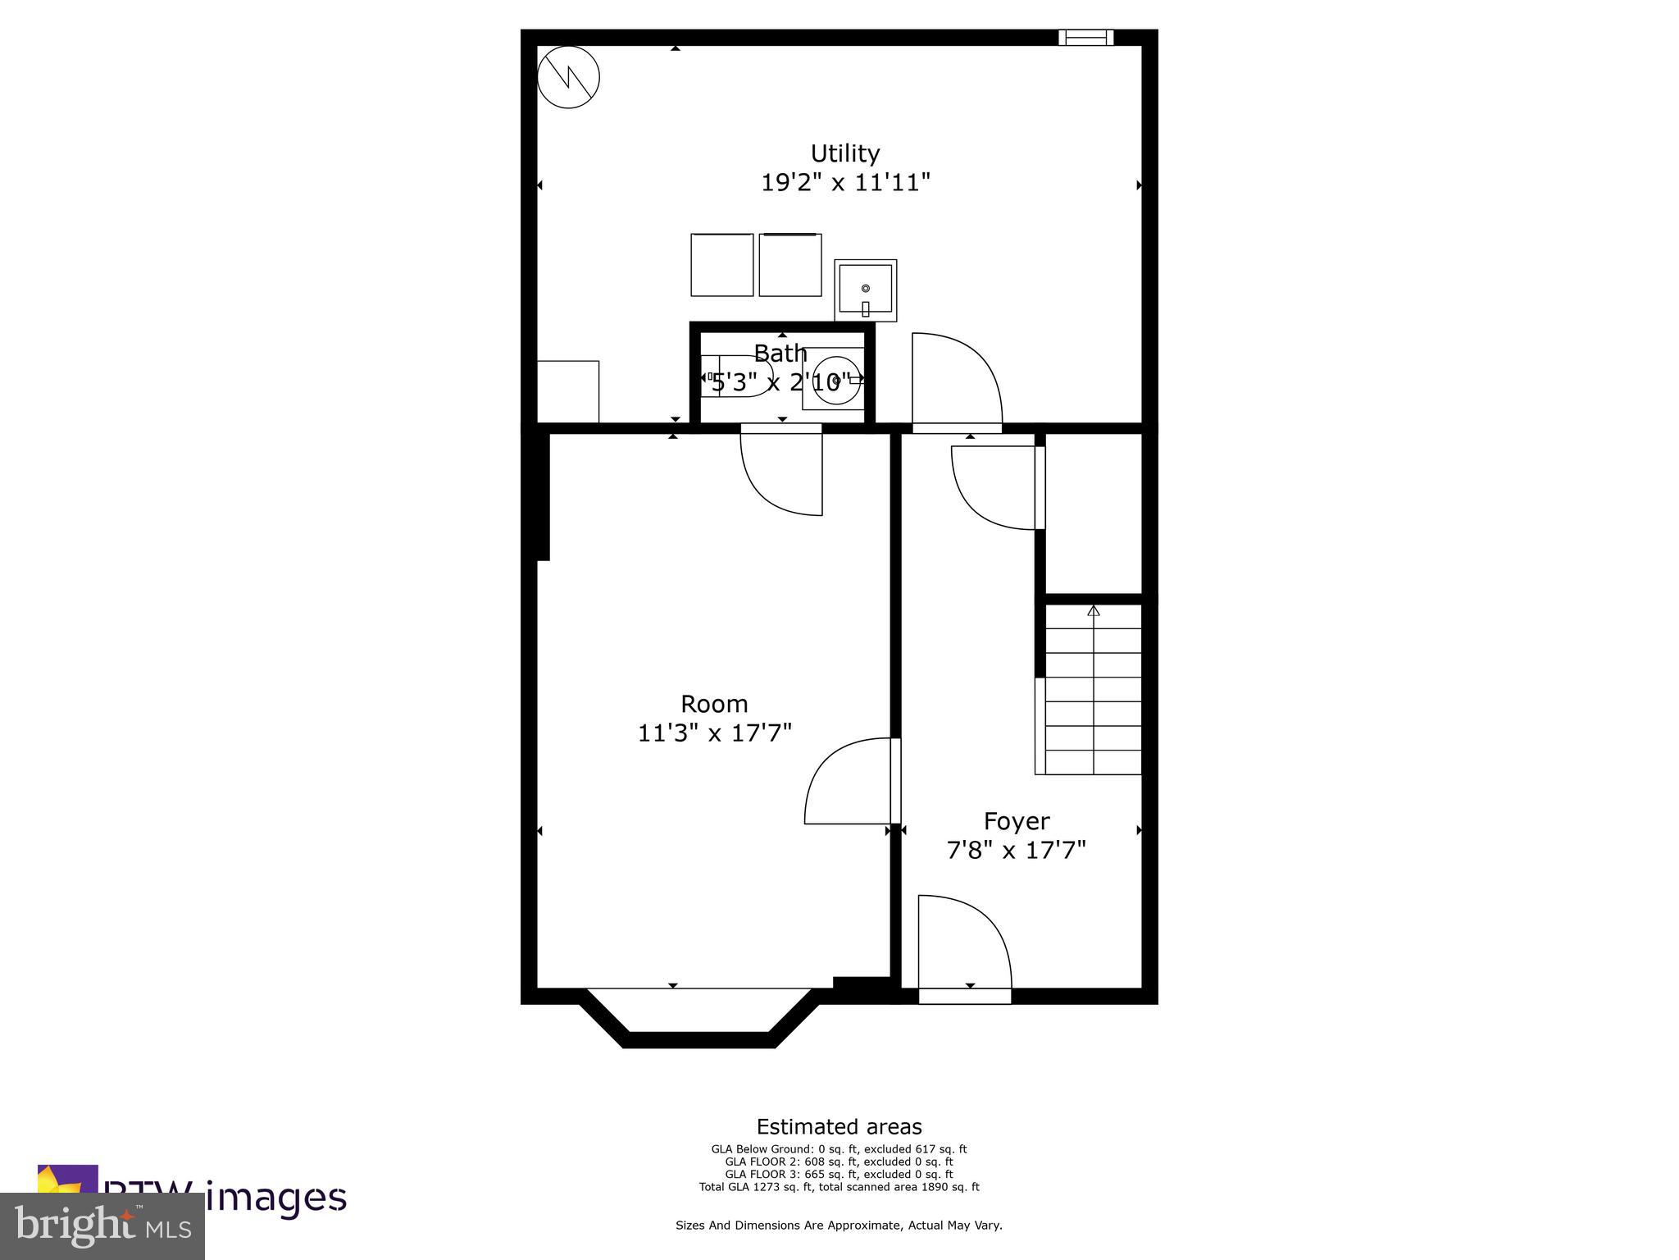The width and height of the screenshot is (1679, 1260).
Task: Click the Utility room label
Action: (x=844, y=153)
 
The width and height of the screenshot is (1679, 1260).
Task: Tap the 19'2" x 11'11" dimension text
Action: (x=844, y=182)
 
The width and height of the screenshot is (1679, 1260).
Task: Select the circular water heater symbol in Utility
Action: (x=568, y=78)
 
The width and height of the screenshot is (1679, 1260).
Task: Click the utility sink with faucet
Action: (x=865, y=290)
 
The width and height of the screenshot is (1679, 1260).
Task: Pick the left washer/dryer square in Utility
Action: (x=721, y=265)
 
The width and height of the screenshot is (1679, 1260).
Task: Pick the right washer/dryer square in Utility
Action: (x=789, y=265)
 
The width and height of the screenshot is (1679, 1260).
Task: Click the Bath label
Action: (x=780, y=354)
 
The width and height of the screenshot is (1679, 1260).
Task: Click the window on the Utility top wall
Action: (x=1085, y=37)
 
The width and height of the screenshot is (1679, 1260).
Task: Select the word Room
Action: (x=714, y=704)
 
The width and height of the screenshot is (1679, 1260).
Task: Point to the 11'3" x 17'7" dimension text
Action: (x=714, y=733)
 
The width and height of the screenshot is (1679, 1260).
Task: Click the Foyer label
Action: (x=1016, y=821)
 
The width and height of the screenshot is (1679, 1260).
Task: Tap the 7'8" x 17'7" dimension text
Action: (x=1016, y=850)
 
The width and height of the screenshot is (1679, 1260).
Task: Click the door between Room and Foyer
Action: (x=853, y=783)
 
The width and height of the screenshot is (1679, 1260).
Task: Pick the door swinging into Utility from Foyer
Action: (x=955, y=381)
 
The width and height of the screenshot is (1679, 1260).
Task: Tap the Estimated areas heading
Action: (x=839, y=1126)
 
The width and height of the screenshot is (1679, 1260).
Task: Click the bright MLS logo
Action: (x=102, y=1226)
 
